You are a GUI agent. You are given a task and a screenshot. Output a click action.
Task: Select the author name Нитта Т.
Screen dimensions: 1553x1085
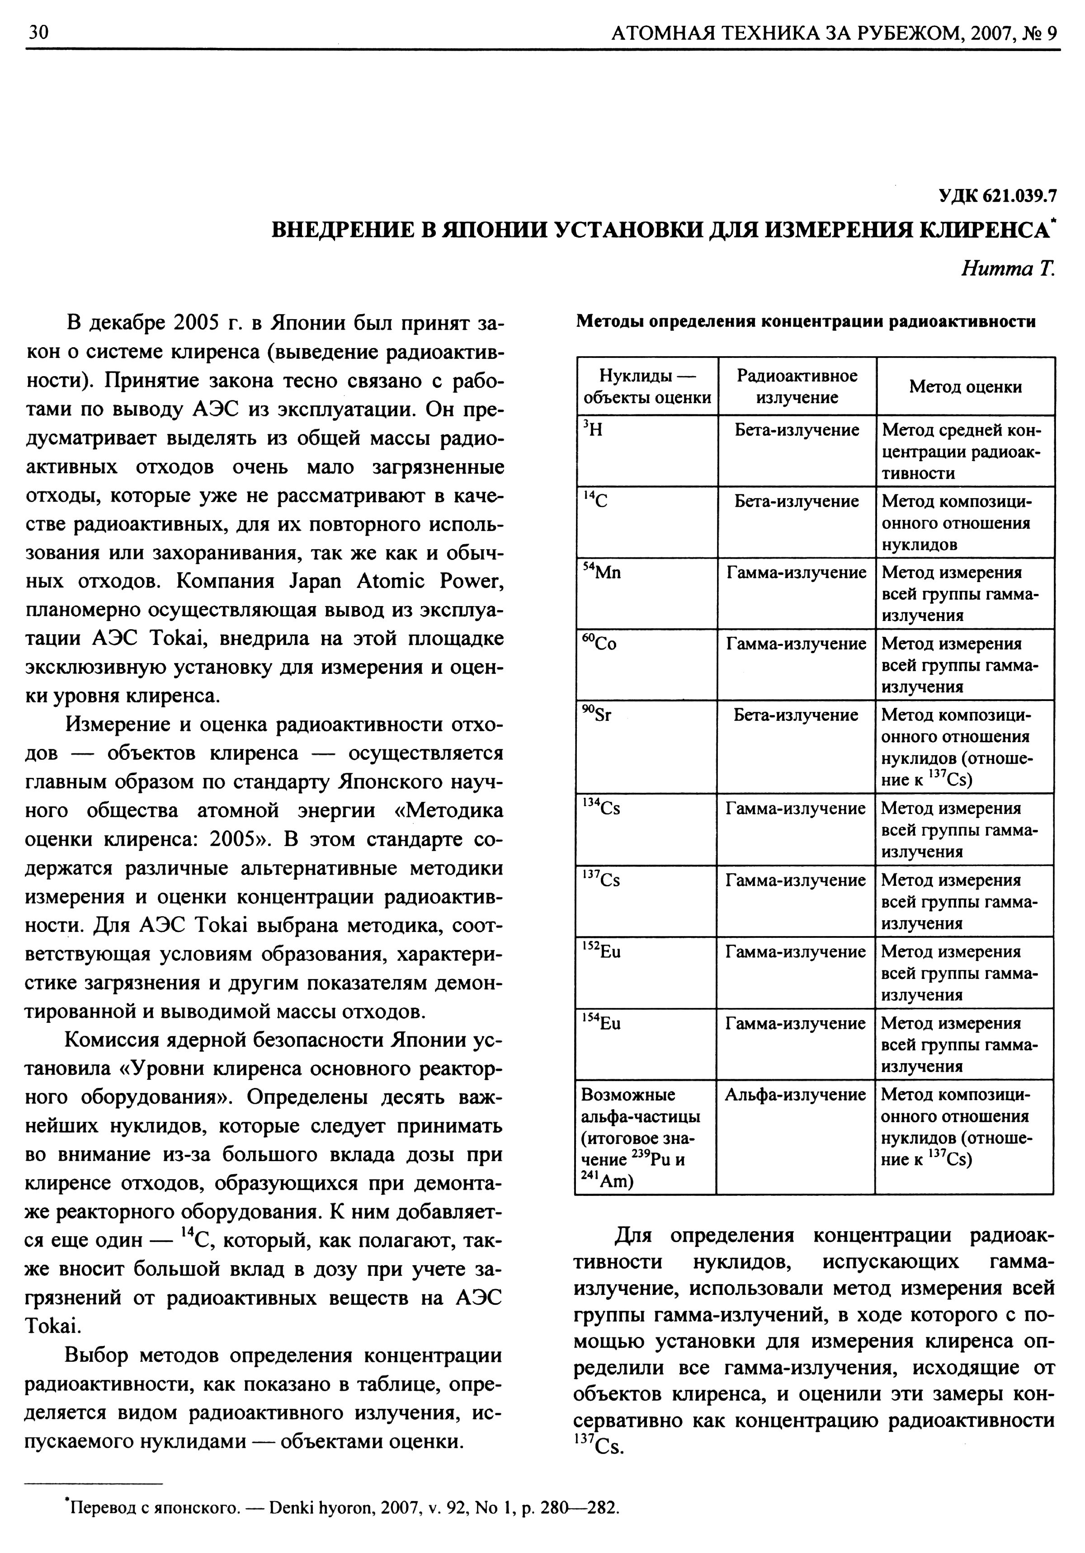click(x=1007, y=269)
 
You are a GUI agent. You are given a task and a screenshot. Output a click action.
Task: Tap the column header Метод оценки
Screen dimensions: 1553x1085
click(x=965, y=387)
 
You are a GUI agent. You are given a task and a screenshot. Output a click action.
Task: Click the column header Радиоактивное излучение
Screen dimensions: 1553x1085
click(x=797, y=386)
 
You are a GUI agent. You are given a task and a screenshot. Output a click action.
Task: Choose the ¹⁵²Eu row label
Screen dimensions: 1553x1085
click(x=601, y=952)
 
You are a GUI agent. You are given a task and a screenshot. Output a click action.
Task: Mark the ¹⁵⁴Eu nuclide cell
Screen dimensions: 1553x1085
click(x=601, y=1023)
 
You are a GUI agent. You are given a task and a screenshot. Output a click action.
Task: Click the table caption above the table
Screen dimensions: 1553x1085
click(x=805, y=321)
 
